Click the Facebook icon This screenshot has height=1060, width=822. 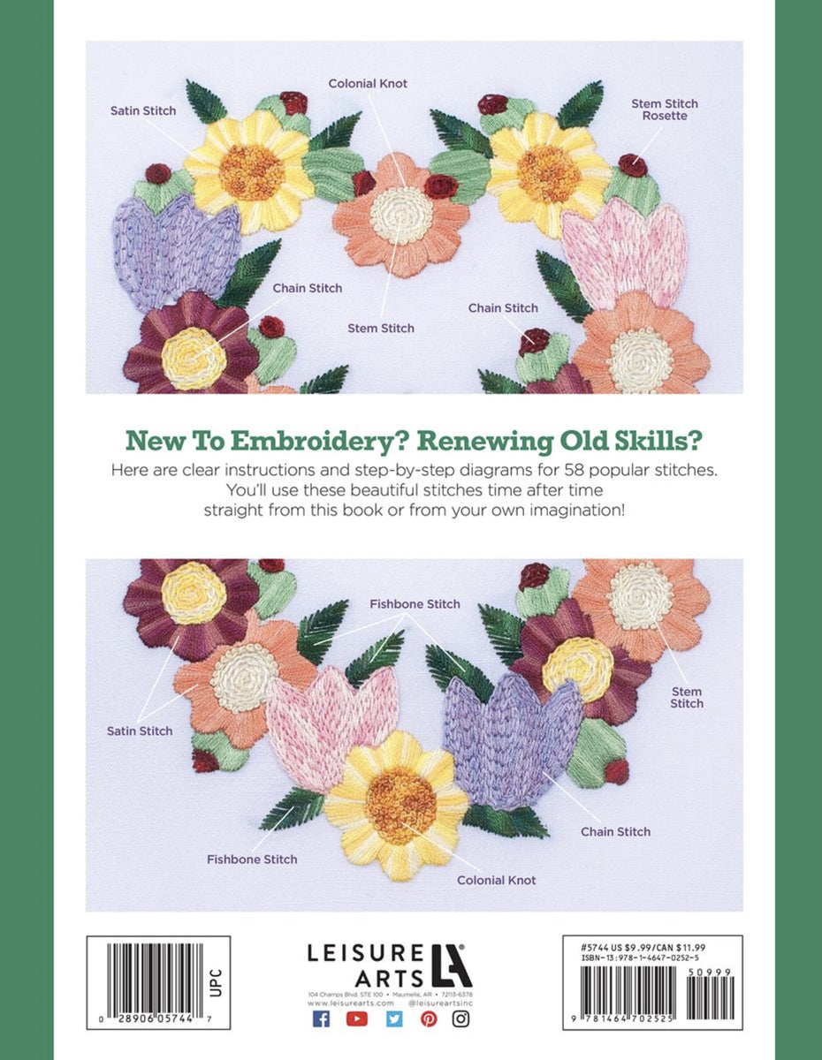(x=322, y=1018)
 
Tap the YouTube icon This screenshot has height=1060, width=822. (x=357, y=1018)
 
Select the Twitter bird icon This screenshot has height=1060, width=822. (x=393, y=1018)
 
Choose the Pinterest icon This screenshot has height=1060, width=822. (x=429, y=1018)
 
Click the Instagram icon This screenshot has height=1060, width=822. (x=461, y=1018)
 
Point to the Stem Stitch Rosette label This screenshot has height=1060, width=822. (x=664, y=110)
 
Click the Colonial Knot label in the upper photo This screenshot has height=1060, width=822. (x=368, y=83)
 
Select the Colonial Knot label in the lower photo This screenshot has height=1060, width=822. (x=496, y=880)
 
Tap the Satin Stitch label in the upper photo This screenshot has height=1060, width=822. (x=143, y=110)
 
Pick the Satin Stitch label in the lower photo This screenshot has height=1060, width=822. (x=140, y=731)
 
